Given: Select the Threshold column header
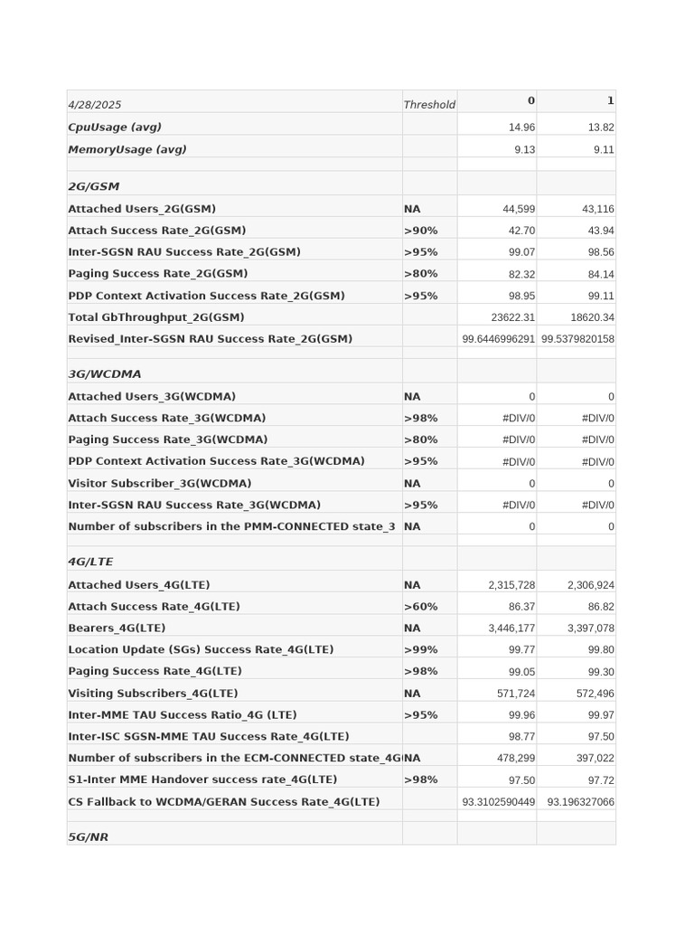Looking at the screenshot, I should point(429,105).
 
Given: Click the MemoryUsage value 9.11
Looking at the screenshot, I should point(604,150).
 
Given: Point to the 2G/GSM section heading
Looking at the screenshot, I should point(93,186).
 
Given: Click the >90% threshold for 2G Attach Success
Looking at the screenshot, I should point(420,231).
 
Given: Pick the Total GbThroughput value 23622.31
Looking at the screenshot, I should point(512,317).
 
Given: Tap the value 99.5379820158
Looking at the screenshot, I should point(577,339).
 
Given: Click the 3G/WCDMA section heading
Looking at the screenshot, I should point(105,373).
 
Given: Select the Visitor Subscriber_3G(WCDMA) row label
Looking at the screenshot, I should point(160,483).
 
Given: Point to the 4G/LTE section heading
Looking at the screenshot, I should point(90,562).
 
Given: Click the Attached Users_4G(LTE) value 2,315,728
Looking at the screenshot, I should point(511,585).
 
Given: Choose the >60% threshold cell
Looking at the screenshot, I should point(420,607).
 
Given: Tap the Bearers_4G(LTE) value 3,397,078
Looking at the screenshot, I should point(590,628).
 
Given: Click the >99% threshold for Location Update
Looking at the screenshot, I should point(420,649).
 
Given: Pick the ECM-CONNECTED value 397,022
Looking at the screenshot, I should point(594,759).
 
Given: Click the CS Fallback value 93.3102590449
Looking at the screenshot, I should point(498,802).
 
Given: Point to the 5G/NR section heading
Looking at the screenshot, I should point(88,837).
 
